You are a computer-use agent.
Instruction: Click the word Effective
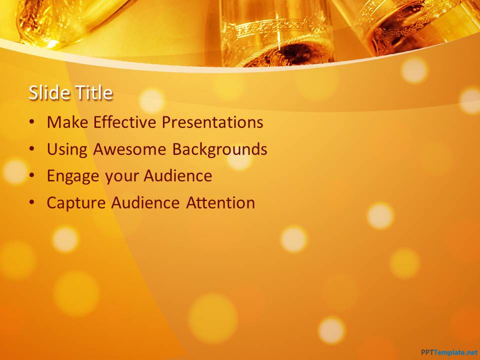coord(124,122)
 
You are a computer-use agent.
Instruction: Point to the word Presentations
coord(212,122)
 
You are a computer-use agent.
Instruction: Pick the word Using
coord(67,149)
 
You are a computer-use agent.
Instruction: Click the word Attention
coord(220,202)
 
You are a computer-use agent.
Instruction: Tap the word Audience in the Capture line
coord(145,202)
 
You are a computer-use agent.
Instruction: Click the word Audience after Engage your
coord(178,176)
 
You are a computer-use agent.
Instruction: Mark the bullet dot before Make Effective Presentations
coord(32,122)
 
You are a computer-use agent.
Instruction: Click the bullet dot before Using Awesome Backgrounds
coord(32,149)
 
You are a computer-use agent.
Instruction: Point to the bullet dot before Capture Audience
coord(32,202)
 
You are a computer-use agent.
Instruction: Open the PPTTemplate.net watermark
coord(449,352)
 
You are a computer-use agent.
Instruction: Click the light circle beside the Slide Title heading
coord(151,100)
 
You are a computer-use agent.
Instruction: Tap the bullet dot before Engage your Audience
coord(32,175)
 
